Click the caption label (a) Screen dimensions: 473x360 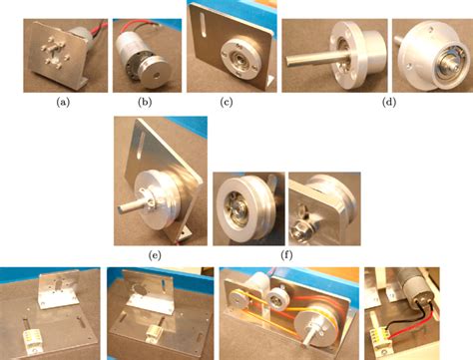tap(63, 103)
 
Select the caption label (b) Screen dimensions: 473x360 tap(145, 103)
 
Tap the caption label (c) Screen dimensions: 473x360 tap(227, 103)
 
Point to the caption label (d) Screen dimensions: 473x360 tap(389, 103)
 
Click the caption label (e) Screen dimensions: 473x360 tap(155, 255)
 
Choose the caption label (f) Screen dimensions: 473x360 tap(286, 255)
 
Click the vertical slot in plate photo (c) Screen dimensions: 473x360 tap(204, 25)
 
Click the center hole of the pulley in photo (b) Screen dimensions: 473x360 tap(157, 75)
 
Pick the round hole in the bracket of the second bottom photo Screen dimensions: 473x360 tap(140, 289)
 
